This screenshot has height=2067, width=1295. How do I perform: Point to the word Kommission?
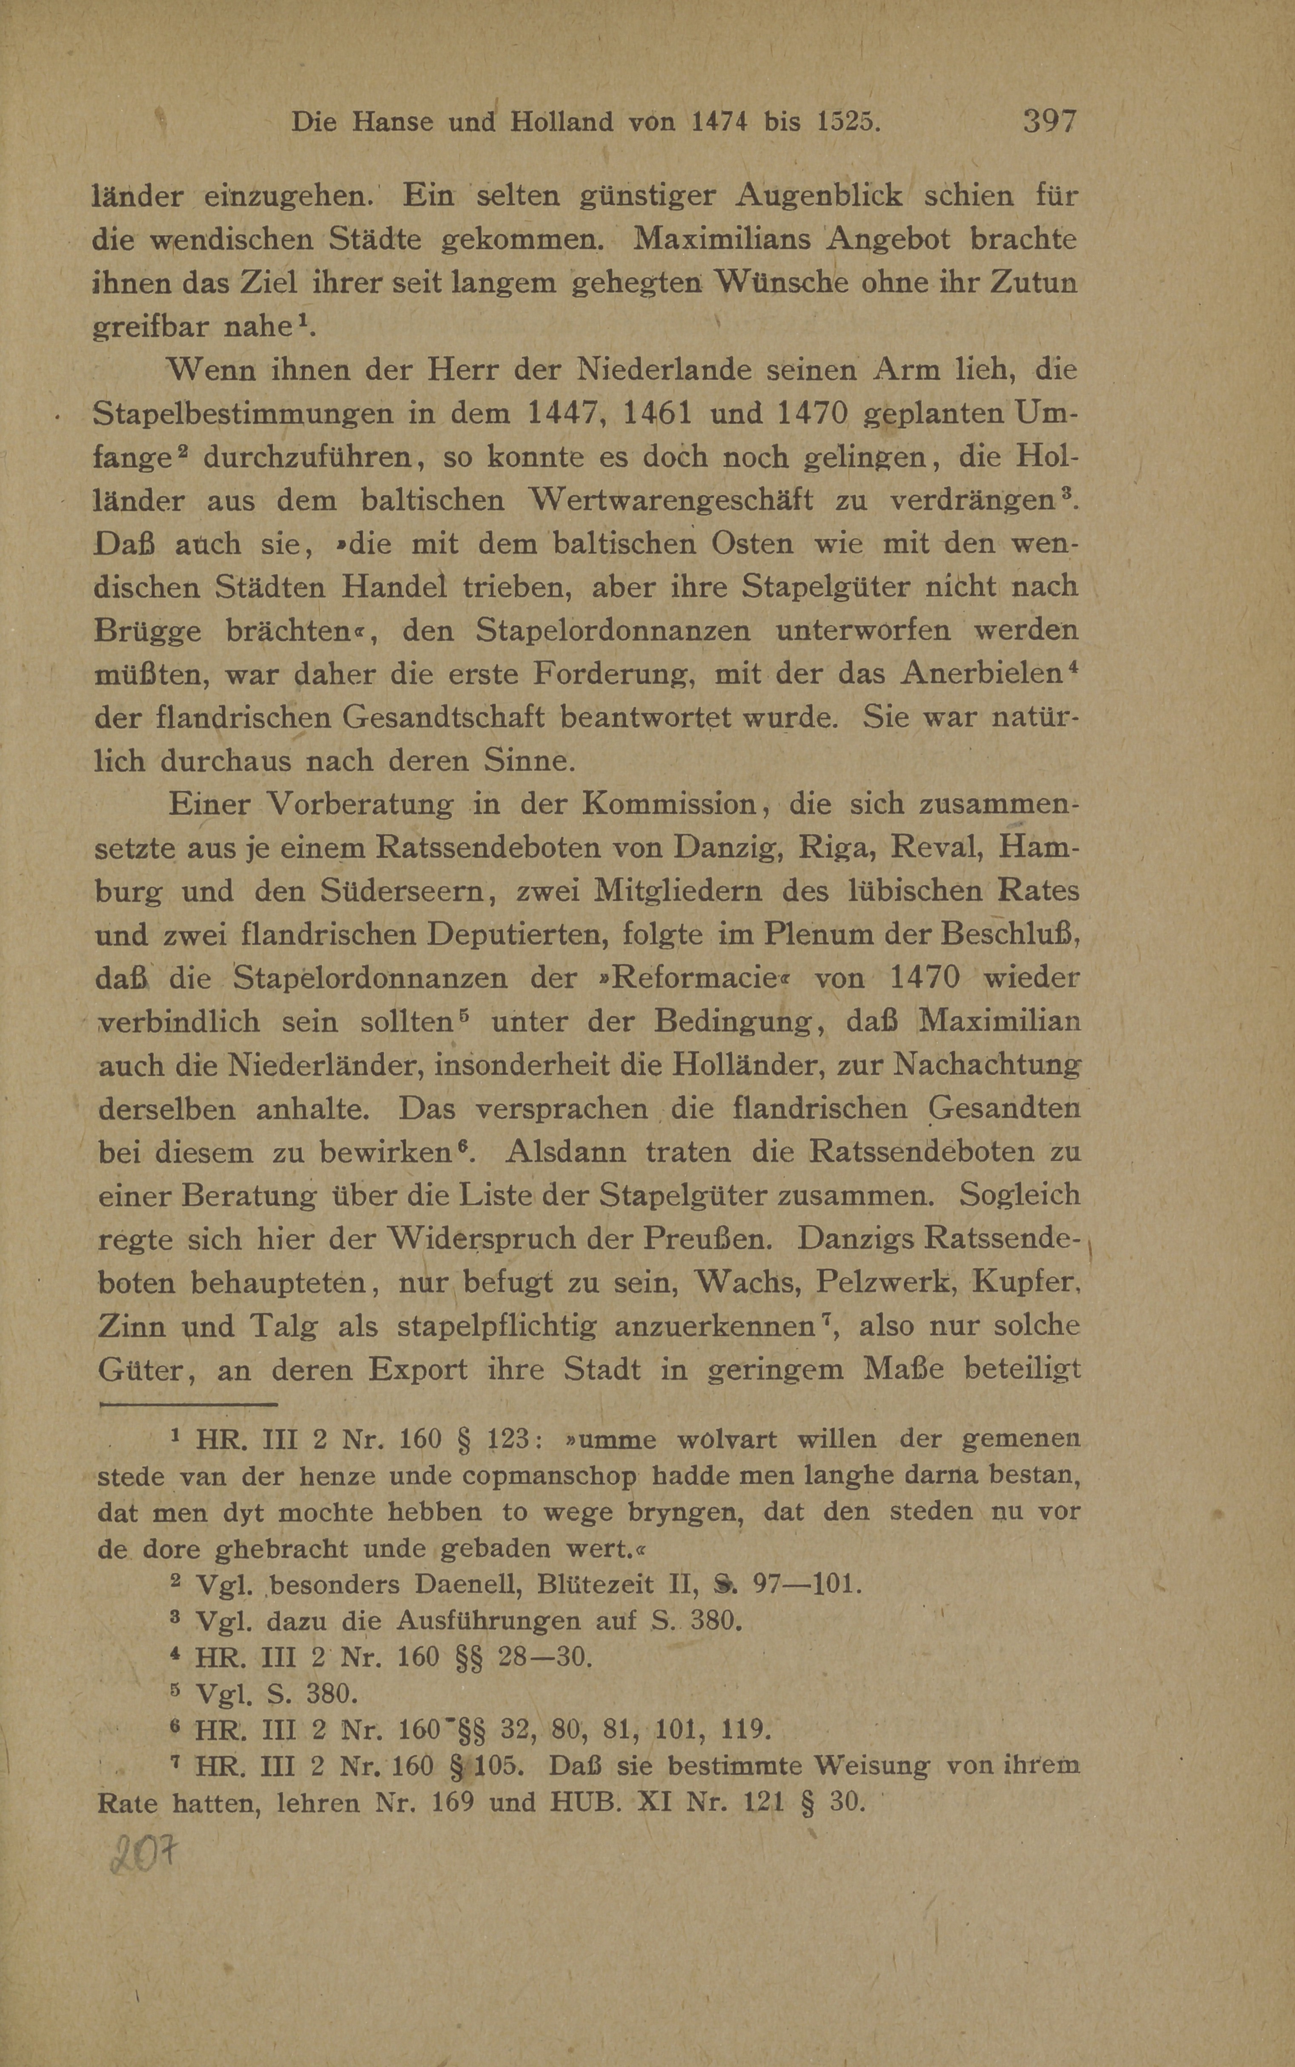670,804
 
